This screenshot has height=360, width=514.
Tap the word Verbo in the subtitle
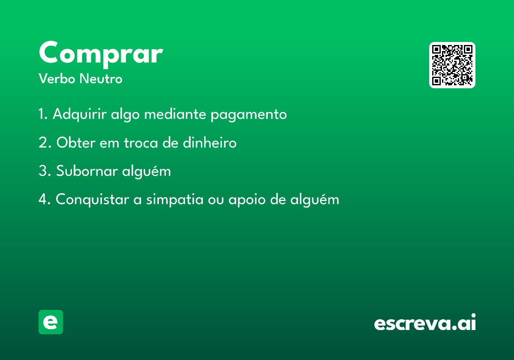[57, 78]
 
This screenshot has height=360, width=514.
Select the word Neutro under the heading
[101, 78]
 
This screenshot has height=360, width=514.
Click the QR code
[452, 65]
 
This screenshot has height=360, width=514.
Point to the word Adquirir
[80, 114]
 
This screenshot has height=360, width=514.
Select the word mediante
[175, 114]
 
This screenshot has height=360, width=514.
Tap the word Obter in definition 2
[76, 143]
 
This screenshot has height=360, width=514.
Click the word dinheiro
[210, 142]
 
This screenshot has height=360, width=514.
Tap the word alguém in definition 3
[146, 171]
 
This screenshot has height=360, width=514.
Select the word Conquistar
[92, 200]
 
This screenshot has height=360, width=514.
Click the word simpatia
[175, 200]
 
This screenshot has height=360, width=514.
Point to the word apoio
[247, 200]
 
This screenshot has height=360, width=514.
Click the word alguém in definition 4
[314, 200]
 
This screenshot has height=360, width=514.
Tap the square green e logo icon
[51, 322]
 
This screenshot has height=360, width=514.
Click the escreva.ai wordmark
[425, 322]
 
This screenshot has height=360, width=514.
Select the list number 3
[43, 171]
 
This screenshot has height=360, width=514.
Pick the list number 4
[43, 199]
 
